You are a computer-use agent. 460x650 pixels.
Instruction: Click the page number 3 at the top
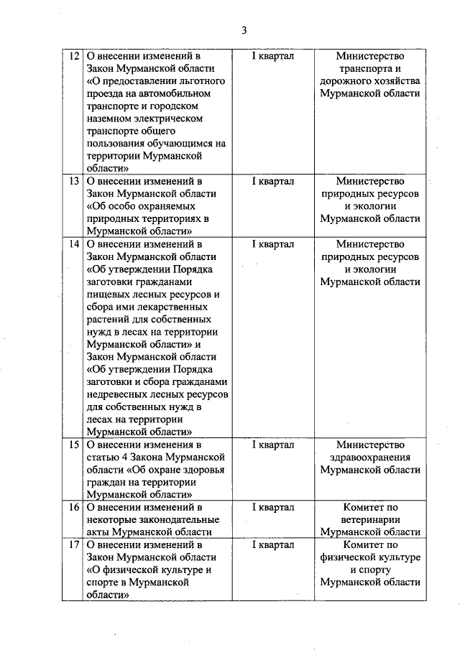pyautogui.click(x=244, y=30)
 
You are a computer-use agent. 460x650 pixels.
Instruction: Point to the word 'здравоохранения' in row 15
pyautogui.click(x=370, y=458)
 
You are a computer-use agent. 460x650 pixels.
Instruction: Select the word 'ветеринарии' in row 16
pyautogui.click(x=370, y=520)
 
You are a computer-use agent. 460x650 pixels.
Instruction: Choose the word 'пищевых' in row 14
pyautogui.click(x=105, y=294)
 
